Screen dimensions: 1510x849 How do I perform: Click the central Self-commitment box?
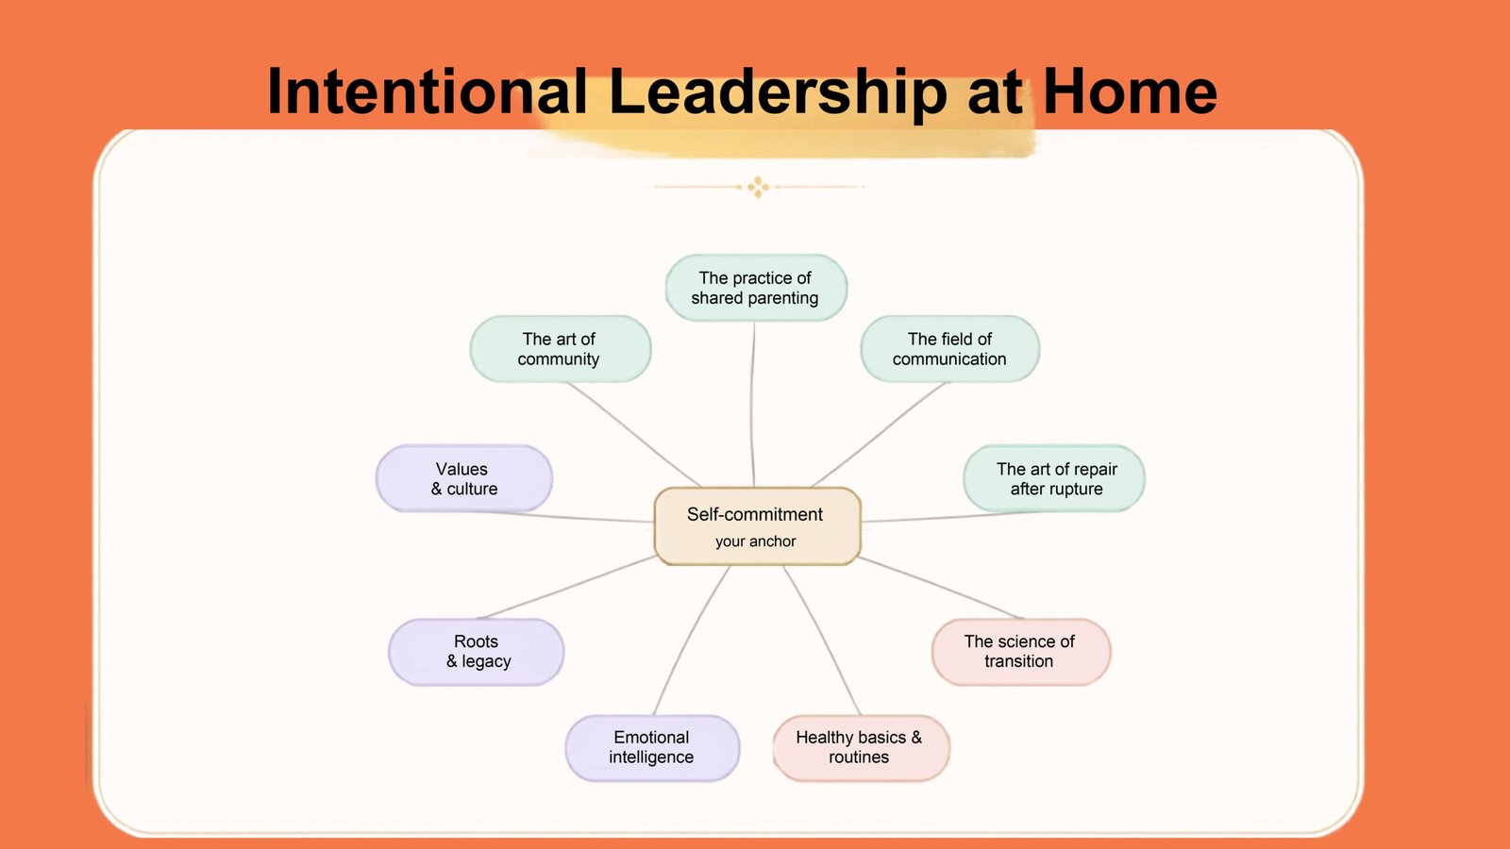pyautogui.click(x=757, y=526)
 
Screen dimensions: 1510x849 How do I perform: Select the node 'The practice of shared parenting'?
pyautogui.click(x=756, y=288)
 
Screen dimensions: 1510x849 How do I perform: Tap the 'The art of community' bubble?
pyautogui.click(x=561, y=349)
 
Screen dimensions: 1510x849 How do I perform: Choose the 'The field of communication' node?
pyautogui.click(x=949, y=349)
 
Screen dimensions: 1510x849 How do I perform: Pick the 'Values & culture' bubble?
pyautogui.click(x=463, y=478)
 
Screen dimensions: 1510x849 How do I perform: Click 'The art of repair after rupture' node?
pyautogui.click(x=1053, y=478)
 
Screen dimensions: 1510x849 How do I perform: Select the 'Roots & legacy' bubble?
pyautogui.click(x=476, y=652)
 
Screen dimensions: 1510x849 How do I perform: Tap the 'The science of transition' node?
pyautogui.click(x=1020, y=652)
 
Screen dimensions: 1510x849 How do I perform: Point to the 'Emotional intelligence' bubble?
pyautogui.click(x=652, y=748)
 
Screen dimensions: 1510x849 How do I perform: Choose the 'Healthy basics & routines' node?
pyautogui.click(x=861, y=748)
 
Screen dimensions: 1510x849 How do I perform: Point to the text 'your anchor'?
pyautogui.click(x=756, y=541)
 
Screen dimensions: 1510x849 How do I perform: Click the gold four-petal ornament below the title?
pyautogui.click(x=759, y=187)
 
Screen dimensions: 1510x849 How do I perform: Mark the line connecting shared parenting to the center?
pyautogui.click(x=752, y=405)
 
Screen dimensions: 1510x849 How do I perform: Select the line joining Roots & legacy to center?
pyautogui.click(x=566, y=587)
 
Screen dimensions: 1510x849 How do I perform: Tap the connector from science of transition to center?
pyautogui.click(x=941, y=588)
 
